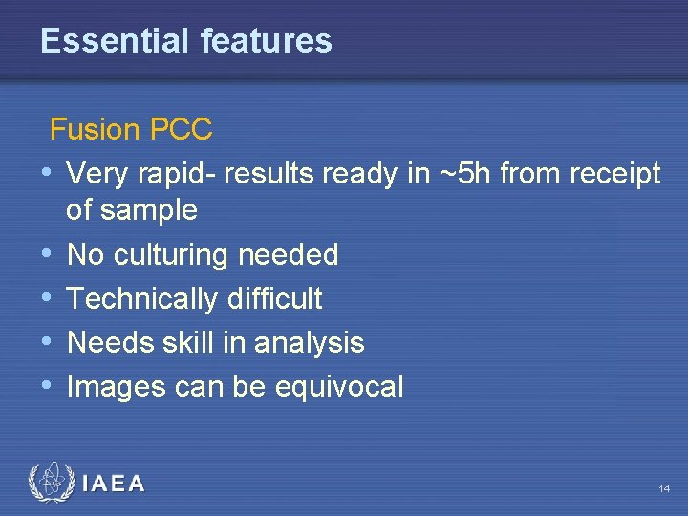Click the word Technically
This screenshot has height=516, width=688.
(142, 299)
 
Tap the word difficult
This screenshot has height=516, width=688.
(275, 299)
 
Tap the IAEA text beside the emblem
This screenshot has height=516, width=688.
(114, 484)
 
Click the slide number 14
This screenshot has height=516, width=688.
(663, 489)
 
